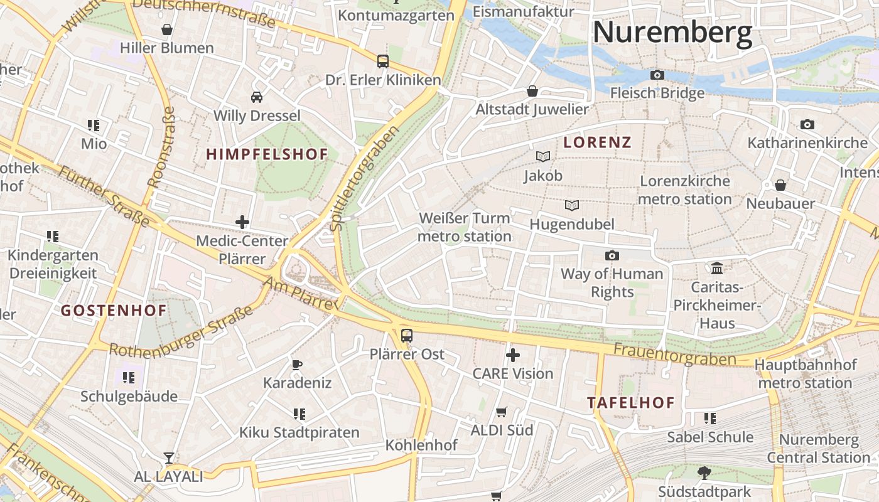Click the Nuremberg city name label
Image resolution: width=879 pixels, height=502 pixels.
(x=672, y=33)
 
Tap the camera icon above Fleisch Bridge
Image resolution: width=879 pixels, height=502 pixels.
(x=657, y=75)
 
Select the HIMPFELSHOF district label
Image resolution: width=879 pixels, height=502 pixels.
(x=267, y=154)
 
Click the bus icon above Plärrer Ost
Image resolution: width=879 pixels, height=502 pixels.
(x=407, y=335)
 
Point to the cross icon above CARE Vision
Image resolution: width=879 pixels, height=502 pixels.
(x=513, y=355)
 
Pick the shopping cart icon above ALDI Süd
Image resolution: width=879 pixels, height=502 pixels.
(x=502, y=412)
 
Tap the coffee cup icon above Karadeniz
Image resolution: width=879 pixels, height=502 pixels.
(x=297, y=365)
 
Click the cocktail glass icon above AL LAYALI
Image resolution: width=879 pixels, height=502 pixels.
(x=168, y=458)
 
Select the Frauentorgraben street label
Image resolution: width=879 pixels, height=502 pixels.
(x=674, y=355)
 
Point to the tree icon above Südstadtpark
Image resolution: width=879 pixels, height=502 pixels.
(x=704, y=473)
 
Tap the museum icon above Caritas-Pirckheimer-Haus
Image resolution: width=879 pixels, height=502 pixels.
(x=717, y=269)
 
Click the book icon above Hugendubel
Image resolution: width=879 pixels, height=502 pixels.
(x=572, y=205)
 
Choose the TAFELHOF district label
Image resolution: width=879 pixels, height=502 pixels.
(x=630, y=403)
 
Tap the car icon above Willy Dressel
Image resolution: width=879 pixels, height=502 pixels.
(x=257, y=97)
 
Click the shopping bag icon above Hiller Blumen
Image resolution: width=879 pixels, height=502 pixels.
(x=167, y=29)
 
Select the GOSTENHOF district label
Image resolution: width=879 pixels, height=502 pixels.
(x=114, y=310)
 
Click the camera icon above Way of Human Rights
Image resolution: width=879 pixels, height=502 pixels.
(x=612, y=255)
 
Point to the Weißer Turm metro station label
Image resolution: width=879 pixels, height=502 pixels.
(x=464, y=227)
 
